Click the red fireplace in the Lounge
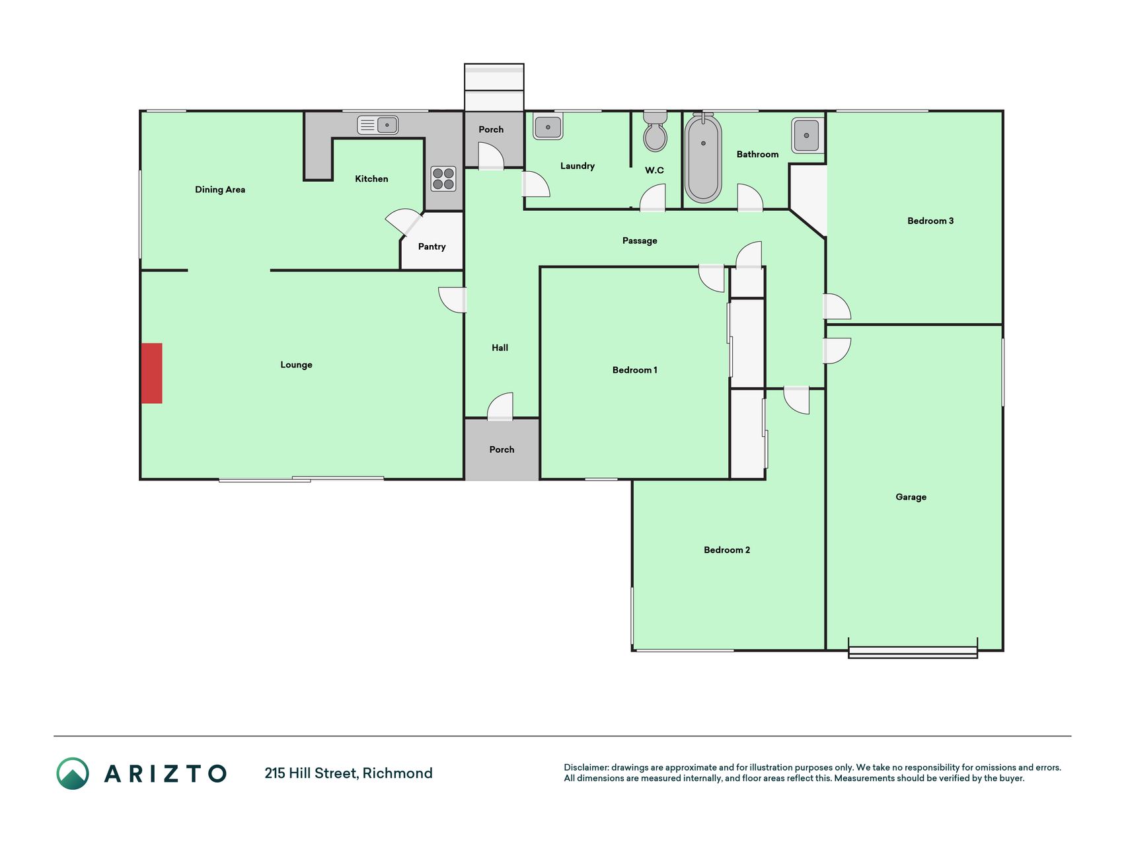point(151,373)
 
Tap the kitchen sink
point(377,124)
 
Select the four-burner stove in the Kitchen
point(443,178)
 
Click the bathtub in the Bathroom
point(703,158)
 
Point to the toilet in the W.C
point(655,131)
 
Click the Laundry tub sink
point(548,126)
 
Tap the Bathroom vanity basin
point(806,135)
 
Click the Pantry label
point(432,247)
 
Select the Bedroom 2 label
point(727,550)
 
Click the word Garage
point(911,497)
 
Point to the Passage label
point(640,241)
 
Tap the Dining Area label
point(220,190)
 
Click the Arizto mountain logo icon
point(73,773)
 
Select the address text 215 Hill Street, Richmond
point(349,773)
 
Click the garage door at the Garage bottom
point(913,652)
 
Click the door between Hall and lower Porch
point(500,406)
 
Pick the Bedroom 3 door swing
point(837,307)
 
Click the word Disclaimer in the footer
point(586,767)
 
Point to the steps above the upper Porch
point(494,87)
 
